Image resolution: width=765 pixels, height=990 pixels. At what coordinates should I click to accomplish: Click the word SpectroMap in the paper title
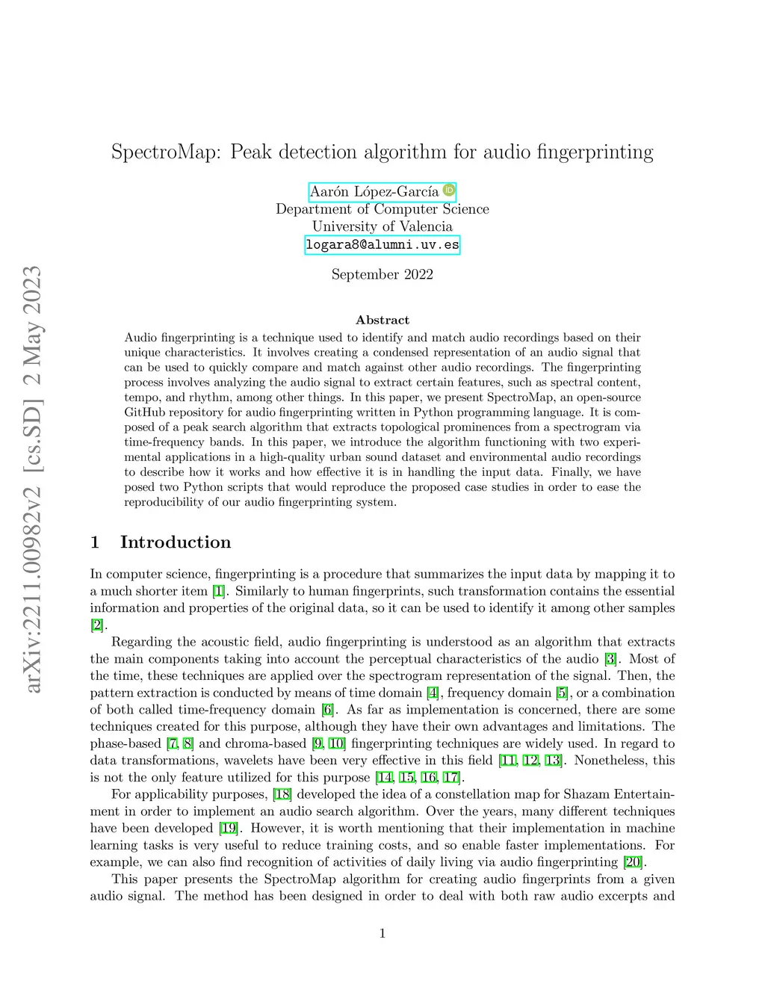pyautogui.click(x=166, y=152)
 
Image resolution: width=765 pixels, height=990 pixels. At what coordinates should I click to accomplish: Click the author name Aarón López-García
pyautogui.click(x=374, y=192)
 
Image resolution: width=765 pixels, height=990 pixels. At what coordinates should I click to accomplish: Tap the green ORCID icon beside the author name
pyautogui.click(x=449, y=191)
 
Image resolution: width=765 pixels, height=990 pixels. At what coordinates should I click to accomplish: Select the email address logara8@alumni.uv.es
pyautogui.click(x=382, y=245)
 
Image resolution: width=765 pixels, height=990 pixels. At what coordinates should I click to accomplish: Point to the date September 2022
pyautogui.click(x=382, y=274)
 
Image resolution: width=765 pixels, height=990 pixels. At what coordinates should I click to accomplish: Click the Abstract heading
pyautogui.click(x=382, y=320)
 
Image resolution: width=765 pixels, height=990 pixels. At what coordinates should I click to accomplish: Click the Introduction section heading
pyautogui.click(x=175, y=542)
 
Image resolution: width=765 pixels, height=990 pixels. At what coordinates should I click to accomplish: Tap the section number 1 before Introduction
pyautogui.click(x=95, y=542)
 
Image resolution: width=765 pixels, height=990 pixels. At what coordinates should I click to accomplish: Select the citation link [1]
pyautogui.click(x=218, y=591)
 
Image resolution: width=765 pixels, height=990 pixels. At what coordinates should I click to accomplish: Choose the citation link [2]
pyautogui.click(x=97, y=625)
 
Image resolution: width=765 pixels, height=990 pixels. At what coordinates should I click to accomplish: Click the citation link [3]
pyautogui.click(x=611, y=659)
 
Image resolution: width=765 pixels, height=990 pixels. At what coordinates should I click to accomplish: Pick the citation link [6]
pyautogui.click(x=327, y=710)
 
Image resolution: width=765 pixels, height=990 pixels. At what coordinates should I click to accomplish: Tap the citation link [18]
pyautogui.click(x=282, y=794)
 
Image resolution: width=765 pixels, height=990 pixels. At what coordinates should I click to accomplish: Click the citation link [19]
pyautogui.click(x=229, y=828)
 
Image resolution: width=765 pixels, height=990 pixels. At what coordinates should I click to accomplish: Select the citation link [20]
pyautogui.click(x=633, y=862)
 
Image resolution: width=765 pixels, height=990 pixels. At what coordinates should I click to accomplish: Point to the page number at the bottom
pyautogui.click(x=382, y=933)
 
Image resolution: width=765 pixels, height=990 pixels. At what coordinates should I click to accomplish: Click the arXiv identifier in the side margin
pyautogui.click(x=33, y=478)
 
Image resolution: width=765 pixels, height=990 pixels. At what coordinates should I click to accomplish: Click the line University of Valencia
pyautogui.click(x=382, y=226)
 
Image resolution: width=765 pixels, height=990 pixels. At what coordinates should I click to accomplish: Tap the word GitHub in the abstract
pyautogui.click(x=145, y=412)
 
